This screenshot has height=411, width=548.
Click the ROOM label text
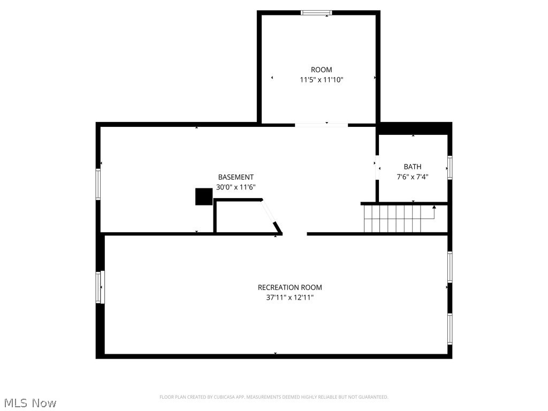(321, 70)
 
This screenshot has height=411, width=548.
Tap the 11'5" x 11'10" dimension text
(321, 80)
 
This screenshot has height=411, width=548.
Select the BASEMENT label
(235, 177)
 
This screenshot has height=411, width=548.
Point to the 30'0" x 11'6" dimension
(235, 187)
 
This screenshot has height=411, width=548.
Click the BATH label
(413, 166)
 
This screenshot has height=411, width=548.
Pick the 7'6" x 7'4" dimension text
(413, 177)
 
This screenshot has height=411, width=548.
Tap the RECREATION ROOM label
(290, 287)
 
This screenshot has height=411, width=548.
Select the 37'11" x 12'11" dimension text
(290, 298)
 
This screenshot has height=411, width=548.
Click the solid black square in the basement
(204, 196)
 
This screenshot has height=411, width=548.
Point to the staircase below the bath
(396, 219)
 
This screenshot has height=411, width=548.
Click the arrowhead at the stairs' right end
(434, 207)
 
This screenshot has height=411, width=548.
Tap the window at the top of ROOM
(316, 12)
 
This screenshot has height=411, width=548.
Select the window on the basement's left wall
(98, 184)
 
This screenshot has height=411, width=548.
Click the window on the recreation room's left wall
(100, 287)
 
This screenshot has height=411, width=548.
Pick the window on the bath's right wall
(450, 167)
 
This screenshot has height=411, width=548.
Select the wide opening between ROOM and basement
(321, 125)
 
